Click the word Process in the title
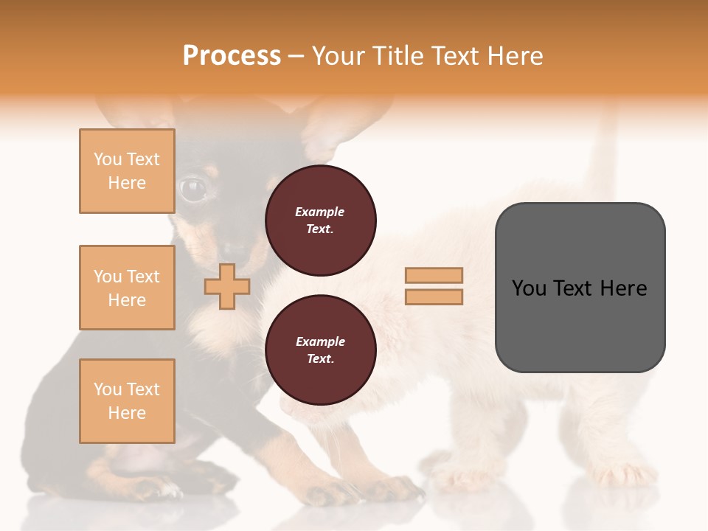point(232,56)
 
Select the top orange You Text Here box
point(127,171)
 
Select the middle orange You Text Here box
point(127,288)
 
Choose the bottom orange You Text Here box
point(127,401)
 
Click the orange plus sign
point(227,286)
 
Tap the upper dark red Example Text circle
point(321,221)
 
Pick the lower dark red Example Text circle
point(321,350)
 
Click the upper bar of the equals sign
point(434,275)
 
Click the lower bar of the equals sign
point(434,297)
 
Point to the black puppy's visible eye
point(193,189)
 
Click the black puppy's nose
point(235,251)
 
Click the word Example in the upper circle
point(320,212)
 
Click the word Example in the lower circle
point(320,341)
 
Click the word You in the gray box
point(529,288)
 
